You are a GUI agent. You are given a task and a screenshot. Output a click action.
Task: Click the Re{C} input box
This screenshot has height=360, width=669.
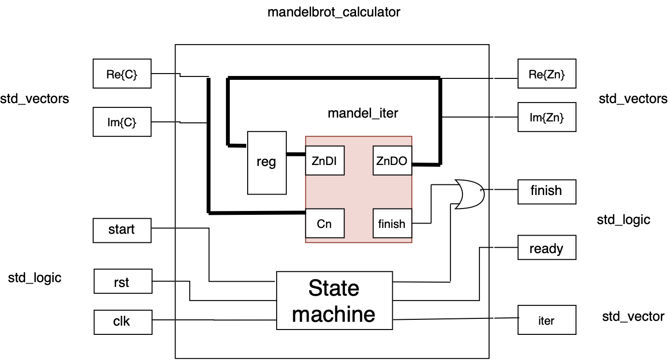pyautogui.click(x=121, y=74)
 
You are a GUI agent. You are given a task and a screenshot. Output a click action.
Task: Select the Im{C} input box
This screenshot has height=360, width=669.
pyautogui.click(x=121, y=122)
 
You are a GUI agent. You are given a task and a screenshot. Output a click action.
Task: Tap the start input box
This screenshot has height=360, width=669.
pyautogui.click(x=121, y=229)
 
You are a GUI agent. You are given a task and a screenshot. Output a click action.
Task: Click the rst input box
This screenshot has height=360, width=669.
pyautogui.click(x=121, y=282)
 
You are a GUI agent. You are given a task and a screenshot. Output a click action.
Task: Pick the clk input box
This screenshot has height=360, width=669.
pyautogui.click(x=121, y=320)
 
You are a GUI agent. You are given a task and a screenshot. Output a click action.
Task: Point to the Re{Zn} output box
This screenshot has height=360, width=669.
pyautogui.click(x=547, y=74)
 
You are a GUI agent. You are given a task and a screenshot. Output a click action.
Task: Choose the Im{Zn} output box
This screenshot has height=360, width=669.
pyautogui.click(x=547, y=117)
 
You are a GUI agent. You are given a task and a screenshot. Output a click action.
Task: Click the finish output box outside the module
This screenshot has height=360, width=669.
pyautogui.click(x=547, y=191)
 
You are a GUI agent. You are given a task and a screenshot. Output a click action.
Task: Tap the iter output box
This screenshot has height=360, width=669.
pyautogui.click(x=547, y=320)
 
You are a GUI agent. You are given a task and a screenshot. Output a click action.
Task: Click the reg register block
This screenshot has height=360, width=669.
pyautogui.click(x=267, y=163)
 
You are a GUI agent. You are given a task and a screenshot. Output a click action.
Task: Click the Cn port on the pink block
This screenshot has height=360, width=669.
pyautogui.click(x=325, y=224)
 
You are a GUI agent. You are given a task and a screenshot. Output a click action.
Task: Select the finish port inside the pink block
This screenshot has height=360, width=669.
pyautogui.click(x=392, y=224)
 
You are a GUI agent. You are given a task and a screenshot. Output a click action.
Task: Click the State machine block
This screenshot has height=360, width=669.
pyautogui.click(x=334, y=301)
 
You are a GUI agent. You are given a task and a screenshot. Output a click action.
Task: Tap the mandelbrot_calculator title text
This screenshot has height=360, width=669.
pyautogui.click(x=334, y=12)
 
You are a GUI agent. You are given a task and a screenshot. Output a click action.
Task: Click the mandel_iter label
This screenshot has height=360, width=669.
pyautogui.click(x=363, y=113)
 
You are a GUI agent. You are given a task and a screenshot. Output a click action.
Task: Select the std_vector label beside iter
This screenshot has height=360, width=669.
pyautogui.click(x=633, y=316)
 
